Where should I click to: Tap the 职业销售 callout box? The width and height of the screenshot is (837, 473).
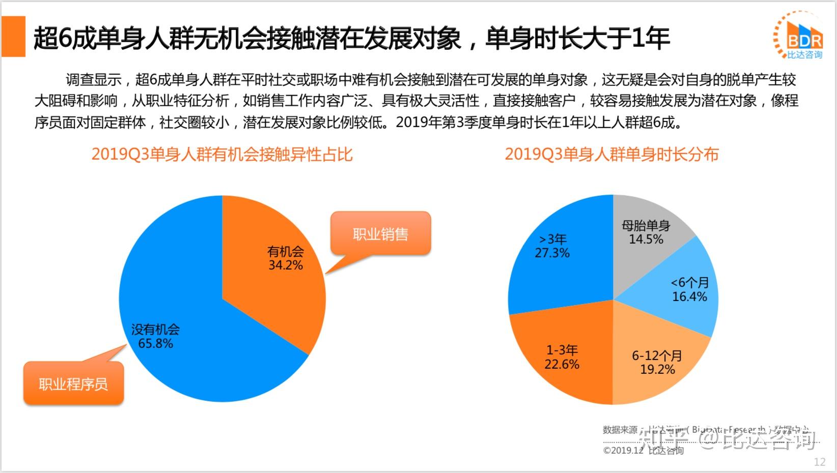(380, 234)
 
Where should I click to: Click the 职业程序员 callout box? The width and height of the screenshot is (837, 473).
(73, 383)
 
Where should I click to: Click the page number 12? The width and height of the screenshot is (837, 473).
(820, 462)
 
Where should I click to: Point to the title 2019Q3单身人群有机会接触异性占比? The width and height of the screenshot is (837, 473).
(222, 154)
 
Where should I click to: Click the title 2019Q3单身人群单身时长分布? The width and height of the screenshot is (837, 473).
(611, 154)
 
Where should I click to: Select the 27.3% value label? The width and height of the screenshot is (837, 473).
(552, 253)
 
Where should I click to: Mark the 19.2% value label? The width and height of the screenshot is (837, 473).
(657, 370)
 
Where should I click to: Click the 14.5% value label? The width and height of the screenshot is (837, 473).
(646, 240)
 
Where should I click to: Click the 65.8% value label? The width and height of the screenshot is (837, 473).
(156, 344)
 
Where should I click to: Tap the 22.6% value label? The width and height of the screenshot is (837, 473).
(562, 365)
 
